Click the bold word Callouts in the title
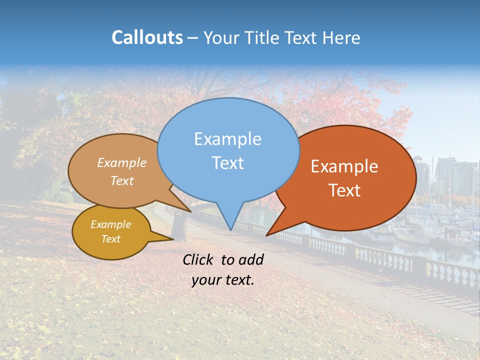tap(147, 37)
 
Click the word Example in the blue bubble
tap(227, 139)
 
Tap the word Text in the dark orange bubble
tap(344, 190)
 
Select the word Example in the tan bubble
tap(122, 162)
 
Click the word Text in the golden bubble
tap(111, 239)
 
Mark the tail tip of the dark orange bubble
tap(267, 235)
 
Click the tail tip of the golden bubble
tap(172, 239)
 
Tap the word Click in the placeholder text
tap(199, 259)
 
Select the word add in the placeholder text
tap(251, 259)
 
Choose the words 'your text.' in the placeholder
tap(223, 280)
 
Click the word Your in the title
tap(220, 37)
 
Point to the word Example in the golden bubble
tap(111, 224)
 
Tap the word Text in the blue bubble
tap(227, 163)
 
